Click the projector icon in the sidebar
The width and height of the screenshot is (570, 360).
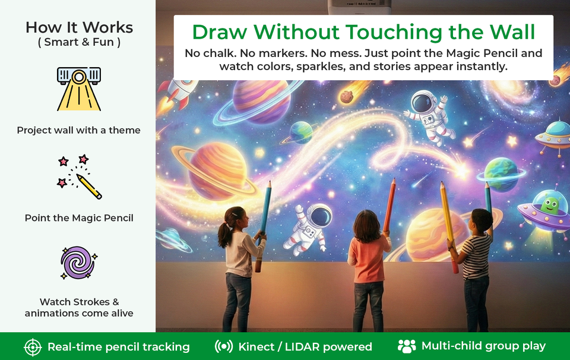point(79,89)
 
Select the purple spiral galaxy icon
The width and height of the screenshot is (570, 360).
point(78,263)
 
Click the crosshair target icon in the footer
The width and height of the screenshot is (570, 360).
point(33,347)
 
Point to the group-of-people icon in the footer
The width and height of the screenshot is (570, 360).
point(407,346)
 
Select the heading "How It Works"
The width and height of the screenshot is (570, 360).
point(79,27)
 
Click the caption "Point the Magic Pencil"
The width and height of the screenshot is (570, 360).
point(79,218)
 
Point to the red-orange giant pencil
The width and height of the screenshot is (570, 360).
point(389,205)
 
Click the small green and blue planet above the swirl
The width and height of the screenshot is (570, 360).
point(302,132)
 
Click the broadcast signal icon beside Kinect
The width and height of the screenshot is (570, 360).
point(224,346)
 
